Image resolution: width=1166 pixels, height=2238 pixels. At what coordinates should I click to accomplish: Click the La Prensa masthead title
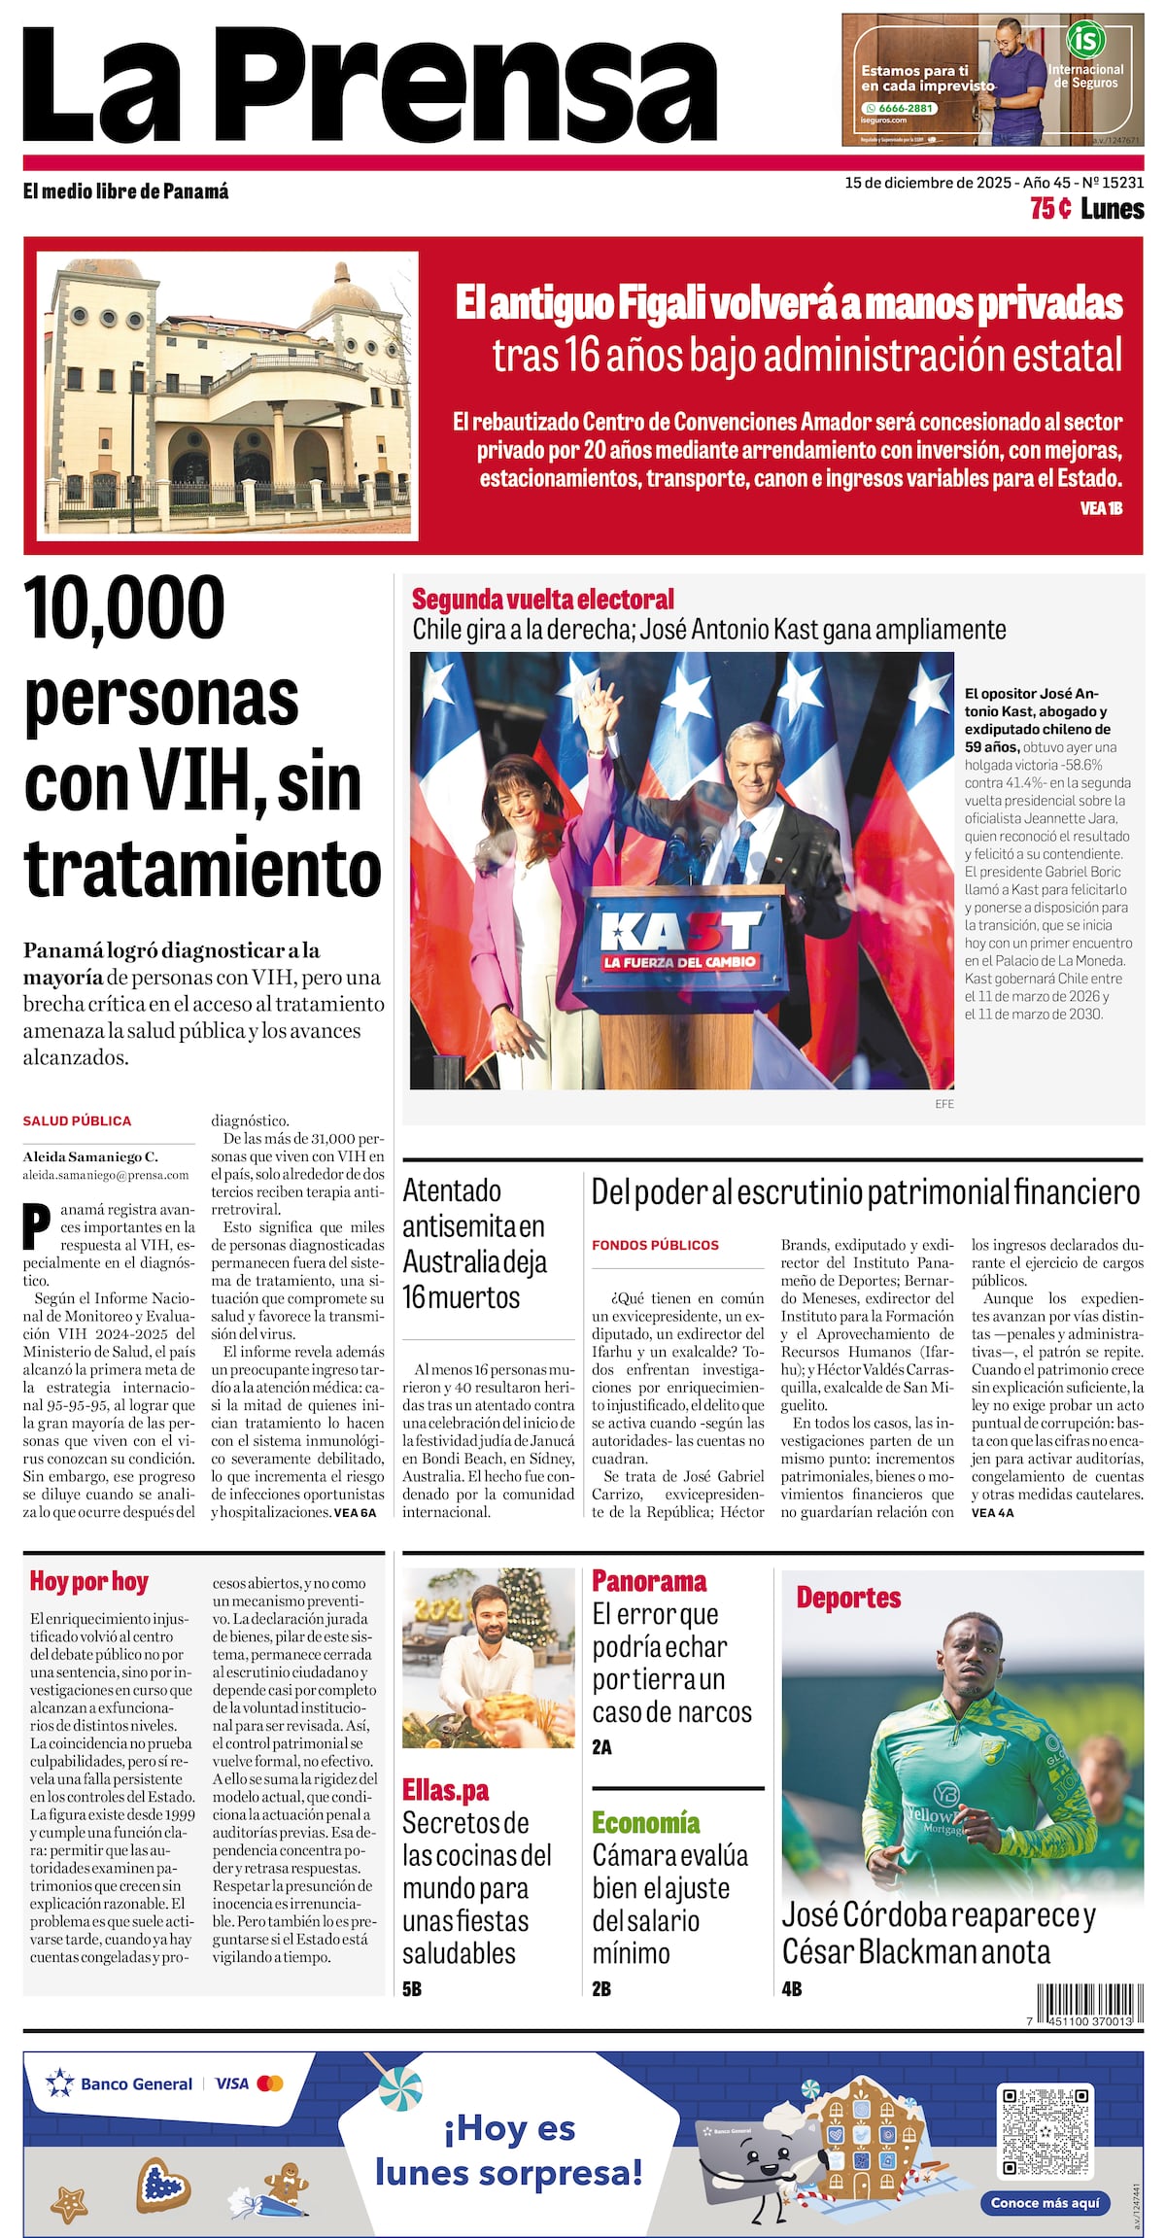tap(369, 86)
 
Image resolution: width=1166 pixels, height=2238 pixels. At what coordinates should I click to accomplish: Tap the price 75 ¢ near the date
tap(1050, 209)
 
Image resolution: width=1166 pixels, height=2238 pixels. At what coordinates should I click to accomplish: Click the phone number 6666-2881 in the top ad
tap(905, 108)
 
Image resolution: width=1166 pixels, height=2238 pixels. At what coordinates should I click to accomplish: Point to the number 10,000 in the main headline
tap(124, 608)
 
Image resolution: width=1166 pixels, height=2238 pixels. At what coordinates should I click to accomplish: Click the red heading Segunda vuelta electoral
tap(542, 599)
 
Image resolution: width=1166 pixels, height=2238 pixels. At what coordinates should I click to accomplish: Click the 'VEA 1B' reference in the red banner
tap(1101, 508)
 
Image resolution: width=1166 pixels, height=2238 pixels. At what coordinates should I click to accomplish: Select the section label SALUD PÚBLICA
tap(77, 1120)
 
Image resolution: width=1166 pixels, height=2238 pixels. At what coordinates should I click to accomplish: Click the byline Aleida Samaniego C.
tap(90, 1156)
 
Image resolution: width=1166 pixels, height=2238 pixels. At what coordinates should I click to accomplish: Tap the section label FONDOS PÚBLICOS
tap(655, 1245)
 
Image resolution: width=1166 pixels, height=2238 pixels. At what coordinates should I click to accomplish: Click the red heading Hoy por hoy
tap(88, 1581)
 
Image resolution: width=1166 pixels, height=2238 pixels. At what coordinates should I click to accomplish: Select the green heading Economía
tap(645, 1822)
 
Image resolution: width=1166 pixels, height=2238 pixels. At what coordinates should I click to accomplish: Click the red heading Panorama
tap(649, 1581)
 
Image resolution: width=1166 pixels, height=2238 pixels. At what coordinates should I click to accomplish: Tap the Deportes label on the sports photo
tap(848, 1598)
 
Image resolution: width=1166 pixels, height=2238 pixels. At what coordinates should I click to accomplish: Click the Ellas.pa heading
tap(445, 1790)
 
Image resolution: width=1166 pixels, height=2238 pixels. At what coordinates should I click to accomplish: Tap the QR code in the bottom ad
tap(1045, 2130)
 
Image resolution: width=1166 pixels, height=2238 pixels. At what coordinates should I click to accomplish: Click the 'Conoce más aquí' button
tap(1045, 2203)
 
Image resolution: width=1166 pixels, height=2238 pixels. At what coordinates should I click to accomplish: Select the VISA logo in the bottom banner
tap(232, 2083)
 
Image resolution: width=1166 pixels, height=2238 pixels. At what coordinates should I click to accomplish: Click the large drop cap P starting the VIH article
tap(36, 1226)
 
